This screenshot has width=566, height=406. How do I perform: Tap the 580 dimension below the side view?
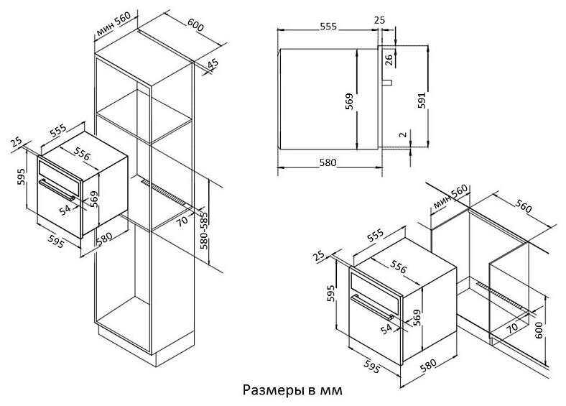[328, 162]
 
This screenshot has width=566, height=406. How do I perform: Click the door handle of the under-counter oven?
[373, 307]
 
